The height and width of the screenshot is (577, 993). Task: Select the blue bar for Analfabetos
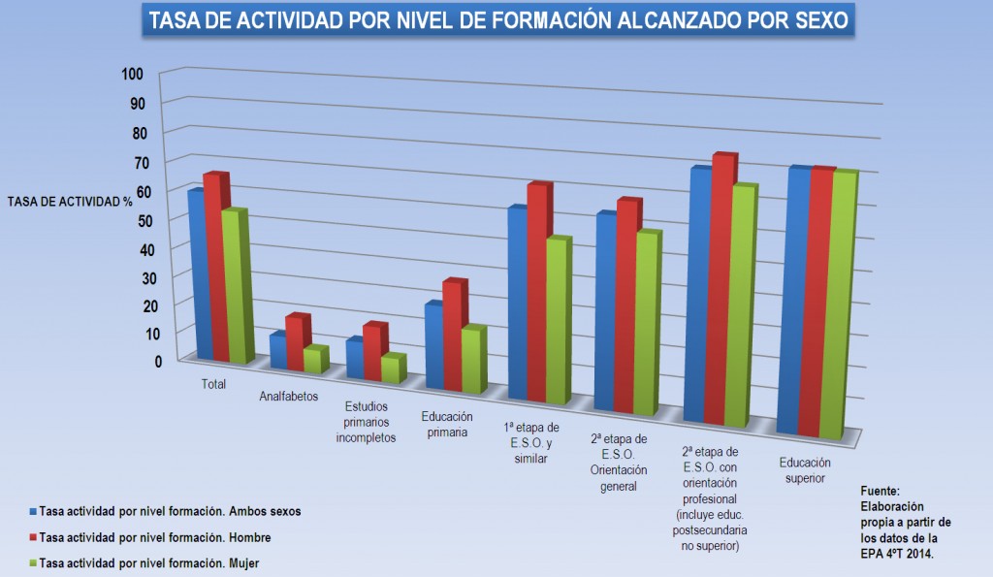coord(277,351)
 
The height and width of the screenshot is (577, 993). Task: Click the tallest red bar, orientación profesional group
coord(722,291)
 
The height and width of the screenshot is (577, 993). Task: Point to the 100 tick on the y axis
coord(133,75)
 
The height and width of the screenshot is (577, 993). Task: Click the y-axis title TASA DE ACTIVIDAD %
coord(69,201)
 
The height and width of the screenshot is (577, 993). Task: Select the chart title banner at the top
coord(497,21)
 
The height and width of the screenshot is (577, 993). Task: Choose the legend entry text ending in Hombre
coord(155,537)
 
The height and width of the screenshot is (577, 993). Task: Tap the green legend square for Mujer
coord(32,562)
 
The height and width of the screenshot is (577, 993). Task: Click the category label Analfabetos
coord(289,397)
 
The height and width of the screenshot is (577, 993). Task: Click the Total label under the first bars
coord(213,384)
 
